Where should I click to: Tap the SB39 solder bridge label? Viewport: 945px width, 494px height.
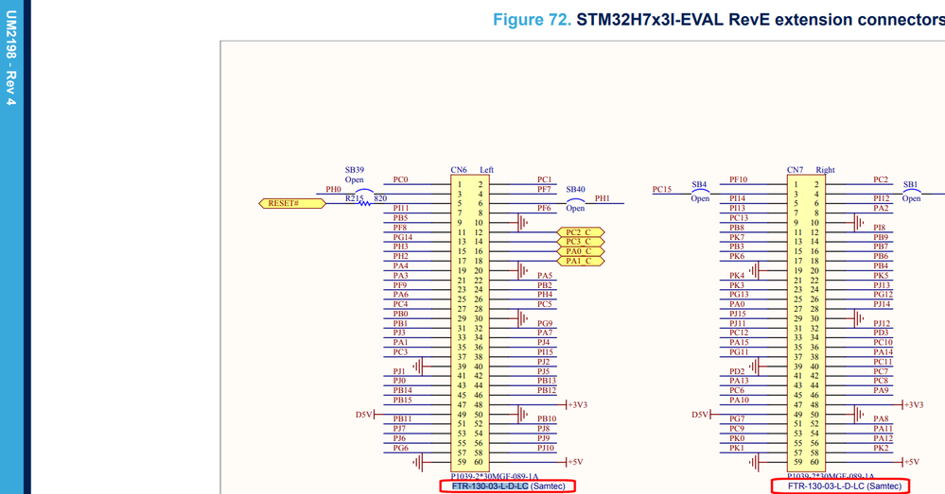click(354, 170)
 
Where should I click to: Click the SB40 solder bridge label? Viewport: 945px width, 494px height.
click(575, 189)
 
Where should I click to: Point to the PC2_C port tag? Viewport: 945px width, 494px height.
click(580, 232)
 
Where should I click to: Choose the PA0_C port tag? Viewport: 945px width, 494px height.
click(580, 251)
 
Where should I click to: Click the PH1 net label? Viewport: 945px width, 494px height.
click(603, 198)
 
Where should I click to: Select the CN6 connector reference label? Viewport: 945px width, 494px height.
click(459, 170)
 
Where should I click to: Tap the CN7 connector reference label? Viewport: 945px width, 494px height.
click(796, 170)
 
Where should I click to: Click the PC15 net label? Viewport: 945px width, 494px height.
click(662, 189)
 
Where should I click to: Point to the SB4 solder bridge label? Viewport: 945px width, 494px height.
click(699, 184)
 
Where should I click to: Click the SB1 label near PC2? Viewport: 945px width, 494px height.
click(910, 184)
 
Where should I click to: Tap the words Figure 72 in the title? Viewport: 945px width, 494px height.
click(531, 20)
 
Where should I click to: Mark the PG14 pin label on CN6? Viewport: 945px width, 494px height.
click(402, 237)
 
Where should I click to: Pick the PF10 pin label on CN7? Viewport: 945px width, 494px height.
click(738, 179)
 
